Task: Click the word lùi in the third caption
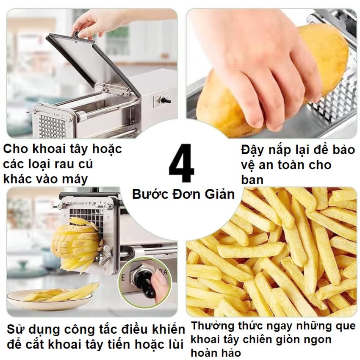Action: coord(175,344)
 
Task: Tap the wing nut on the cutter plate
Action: coord(105,250)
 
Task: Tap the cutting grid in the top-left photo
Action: coord(53,127)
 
